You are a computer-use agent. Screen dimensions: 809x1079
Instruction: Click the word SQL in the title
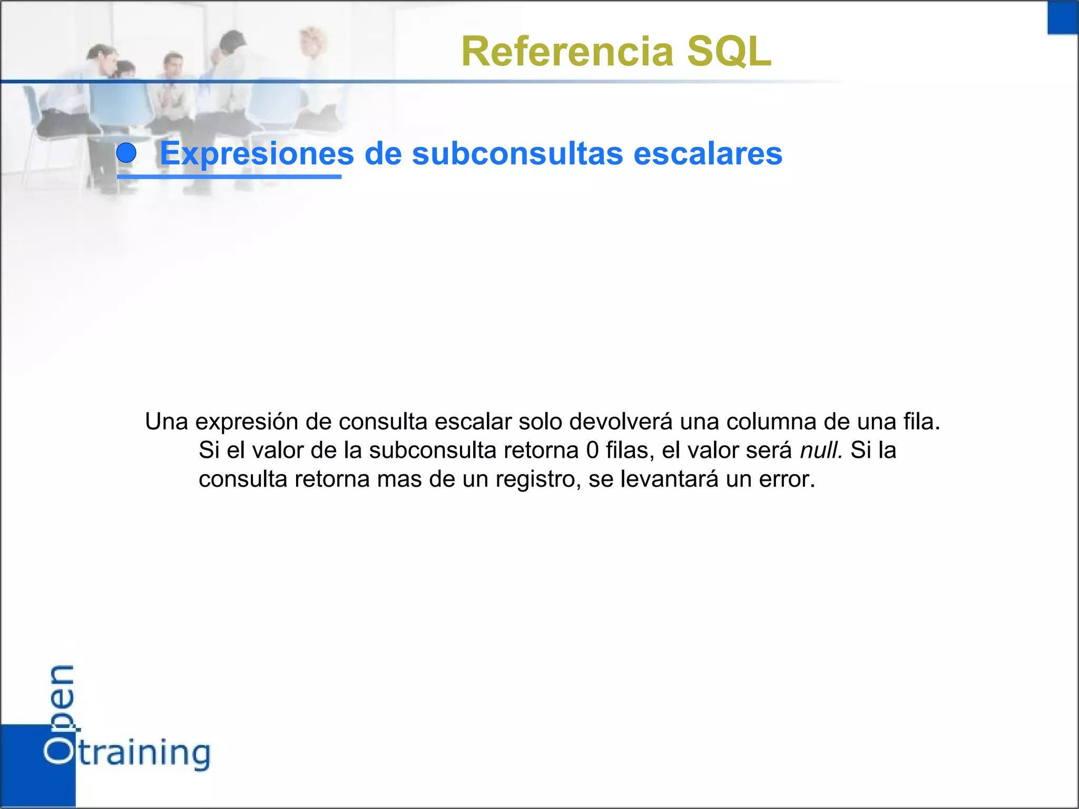pyautogui.click(x=729, y=52)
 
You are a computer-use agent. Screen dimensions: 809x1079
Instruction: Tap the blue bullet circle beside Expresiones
pyautogui.click(x=126, y=153)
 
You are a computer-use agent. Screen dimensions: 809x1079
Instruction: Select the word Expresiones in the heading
pyautogui.click(x=257, y=154)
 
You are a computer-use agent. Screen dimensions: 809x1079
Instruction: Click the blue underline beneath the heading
pyautogui.click(x=229, y=176)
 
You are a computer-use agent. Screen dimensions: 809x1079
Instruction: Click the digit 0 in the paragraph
pyautogui.click(x=592, y=450)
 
